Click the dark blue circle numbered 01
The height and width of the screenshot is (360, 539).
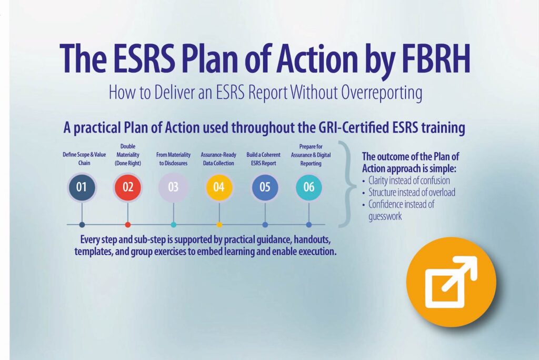(x=82, y=187)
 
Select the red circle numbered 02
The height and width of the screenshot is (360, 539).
(x=128, y=187)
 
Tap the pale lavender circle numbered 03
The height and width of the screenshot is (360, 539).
(x=173, y=187)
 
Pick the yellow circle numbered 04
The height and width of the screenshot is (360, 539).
(x=219, y=187)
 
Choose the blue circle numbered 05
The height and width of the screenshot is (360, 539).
(x=265, y=187)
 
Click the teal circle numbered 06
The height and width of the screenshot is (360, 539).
(x=308, y=187)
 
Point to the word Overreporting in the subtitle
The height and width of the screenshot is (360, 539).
(x=382, y=93)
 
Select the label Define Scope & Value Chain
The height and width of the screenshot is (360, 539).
(x=84, y=159)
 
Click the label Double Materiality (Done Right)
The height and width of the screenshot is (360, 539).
(x=128, y=155)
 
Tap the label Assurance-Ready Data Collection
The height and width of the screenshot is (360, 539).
(x=218, y=159)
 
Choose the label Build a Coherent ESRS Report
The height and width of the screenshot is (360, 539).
(x=263, y=159)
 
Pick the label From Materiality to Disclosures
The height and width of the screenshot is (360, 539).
(x=173, y=159)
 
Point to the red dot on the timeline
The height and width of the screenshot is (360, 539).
(x=128, y=225)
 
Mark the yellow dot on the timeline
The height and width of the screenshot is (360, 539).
(x=219, y=225)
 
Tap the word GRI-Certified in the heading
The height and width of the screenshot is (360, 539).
(x=352, y=128)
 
